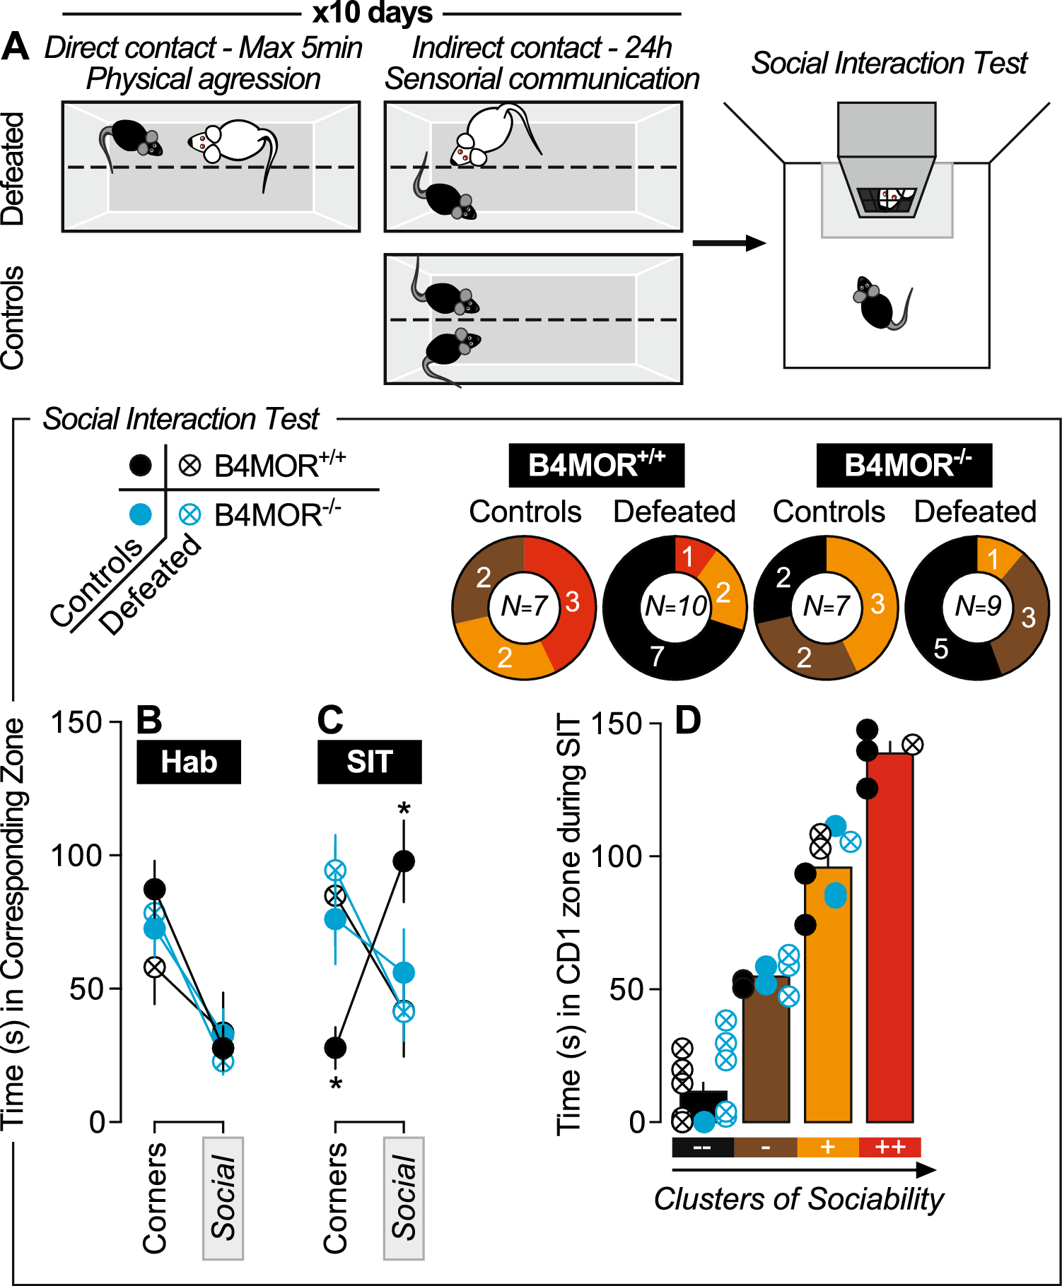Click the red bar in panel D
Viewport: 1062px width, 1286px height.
[x=889, y=940]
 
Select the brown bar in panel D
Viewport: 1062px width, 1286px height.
[x=766, y=1053]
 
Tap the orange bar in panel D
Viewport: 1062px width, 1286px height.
[x=827, y=996]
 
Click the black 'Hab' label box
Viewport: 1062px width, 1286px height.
[x=189, y=762]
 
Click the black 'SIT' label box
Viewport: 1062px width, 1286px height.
[x=369, y=762]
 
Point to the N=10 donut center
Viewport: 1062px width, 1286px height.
[x=675, y=606]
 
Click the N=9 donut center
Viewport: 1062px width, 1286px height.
[x=977, y=606]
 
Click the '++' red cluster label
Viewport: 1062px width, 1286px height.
[x=889, y=1147]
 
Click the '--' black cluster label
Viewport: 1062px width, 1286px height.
[x=703, y=1147]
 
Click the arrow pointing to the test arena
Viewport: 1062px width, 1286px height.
[x=728, y=243]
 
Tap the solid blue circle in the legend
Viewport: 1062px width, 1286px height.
[x=141, y=514]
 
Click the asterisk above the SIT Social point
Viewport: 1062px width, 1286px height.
[x=404, y=808]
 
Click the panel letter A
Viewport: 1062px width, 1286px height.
[x=16, y=48]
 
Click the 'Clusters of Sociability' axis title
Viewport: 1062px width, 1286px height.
[x=798, y=1199]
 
